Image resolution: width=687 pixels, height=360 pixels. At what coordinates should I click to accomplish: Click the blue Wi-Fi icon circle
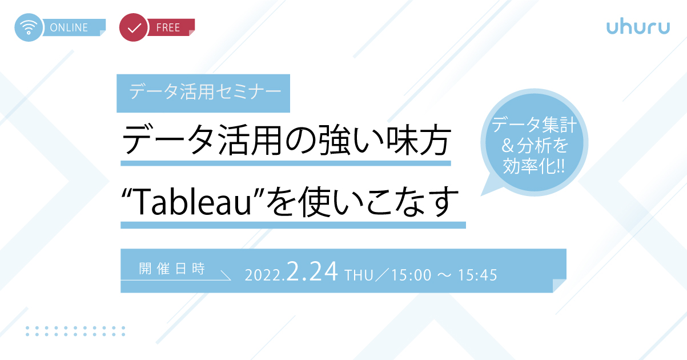pos(29,27)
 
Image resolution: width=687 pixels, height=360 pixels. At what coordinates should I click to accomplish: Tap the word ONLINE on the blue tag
pos(69,27)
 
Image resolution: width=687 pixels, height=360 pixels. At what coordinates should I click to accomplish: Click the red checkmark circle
pos(134,27)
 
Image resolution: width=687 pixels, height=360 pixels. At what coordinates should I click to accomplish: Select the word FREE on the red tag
pos(168,27)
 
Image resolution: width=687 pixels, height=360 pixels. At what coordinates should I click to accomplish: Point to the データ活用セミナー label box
pos(203,93)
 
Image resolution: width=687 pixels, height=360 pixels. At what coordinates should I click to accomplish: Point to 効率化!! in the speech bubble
pos(533,166)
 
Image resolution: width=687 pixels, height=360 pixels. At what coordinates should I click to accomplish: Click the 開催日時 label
pos(172,269)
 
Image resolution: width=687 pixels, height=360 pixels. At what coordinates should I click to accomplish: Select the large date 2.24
pos(312,271)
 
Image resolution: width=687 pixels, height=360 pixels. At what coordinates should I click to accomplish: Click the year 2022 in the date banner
pos(263,275)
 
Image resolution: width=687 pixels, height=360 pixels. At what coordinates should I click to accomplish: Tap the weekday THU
pos(359,275)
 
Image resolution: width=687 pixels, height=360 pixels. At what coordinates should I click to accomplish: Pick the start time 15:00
pos(411,275)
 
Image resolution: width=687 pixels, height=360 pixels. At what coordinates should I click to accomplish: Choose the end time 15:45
pos(477,275)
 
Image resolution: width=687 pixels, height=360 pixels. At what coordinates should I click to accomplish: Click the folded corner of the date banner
pos(560,286)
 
